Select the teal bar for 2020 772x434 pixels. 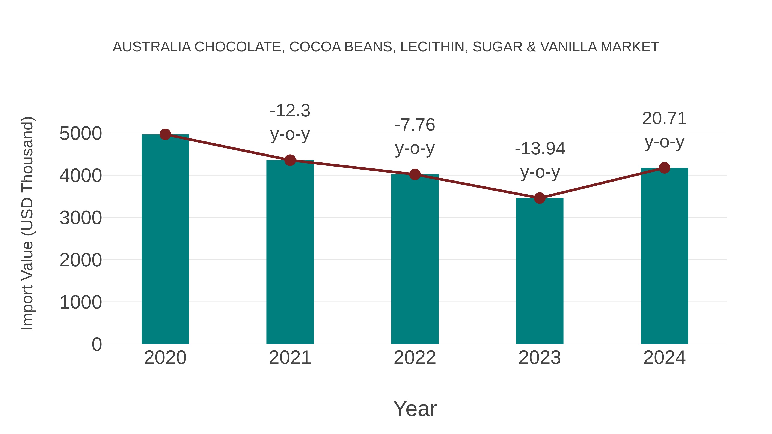point(165,240)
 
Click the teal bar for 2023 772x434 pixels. point(540,271)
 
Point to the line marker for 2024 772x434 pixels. point(664,168)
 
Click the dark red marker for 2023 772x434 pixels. point(540,198)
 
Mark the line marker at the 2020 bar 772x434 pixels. point(165,134)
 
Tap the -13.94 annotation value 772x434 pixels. point(540,149)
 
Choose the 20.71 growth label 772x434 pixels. point(664,119)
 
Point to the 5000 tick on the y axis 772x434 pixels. point(81,134)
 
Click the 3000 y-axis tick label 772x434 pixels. point(81,218)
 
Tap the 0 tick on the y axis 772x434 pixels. point(97,344)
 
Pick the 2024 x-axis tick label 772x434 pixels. point(664,358)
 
